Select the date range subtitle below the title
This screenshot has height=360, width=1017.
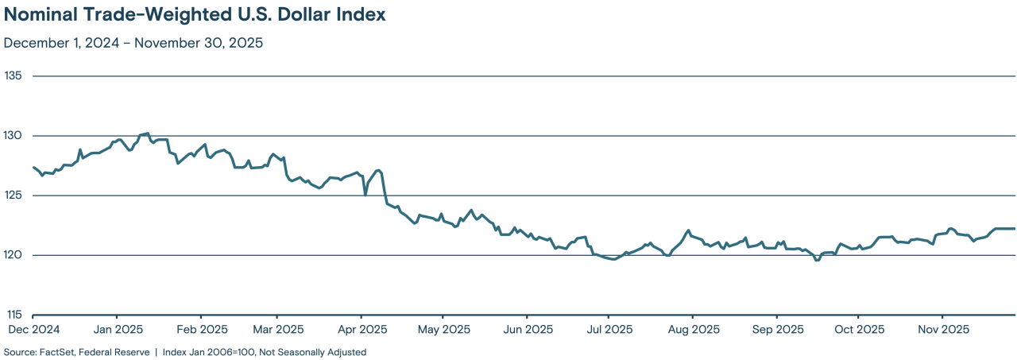[133, 43]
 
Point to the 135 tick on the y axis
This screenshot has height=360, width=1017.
[14, 76]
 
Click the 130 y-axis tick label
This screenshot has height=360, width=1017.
[14, 136]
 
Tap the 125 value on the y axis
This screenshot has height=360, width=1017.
[14, 195]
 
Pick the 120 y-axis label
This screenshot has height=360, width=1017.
[14, 255]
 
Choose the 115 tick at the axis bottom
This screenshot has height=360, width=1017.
[14, 315]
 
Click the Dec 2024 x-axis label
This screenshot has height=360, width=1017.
[33, 329]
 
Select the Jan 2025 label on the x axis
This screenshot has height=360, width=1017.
[118, 329]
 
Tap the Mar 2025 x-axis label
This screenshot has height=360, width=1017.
[277, 329]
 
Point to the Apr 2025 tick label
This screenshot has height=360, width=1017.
[362, 329]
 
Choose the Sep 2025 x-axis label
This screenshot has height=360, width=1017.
[778, 329]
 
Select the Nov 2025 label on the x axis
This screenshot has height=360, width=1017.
[942, 329]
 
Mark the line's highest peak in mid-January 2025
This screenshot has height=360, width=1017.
[148, 134]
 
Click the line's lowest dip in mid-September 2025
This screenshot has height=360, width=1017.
[817, 260]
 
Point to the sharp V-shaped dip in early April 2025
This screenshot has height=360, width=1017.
[365, 194]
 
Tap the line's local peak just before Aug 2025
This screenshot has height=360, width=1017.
[688, 230]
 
